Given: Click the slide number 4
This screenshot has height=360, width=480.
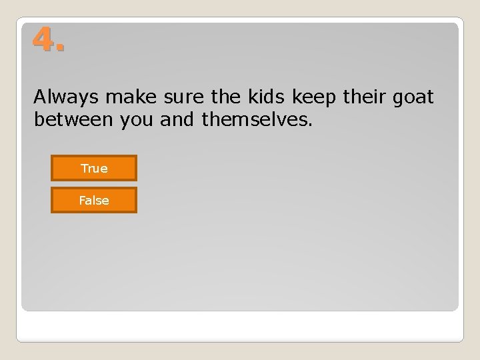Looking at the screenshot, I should (43, 41).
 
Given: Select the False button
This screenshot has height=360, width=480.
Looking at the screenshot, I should (94, 200).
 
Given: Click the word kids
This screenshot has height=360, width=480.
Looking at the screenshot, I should (266, 97).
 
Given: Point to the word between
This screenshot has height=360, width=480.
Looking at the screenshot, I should (73, 121).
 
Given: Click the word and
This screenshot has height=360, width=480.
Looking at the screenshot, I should (178, 121).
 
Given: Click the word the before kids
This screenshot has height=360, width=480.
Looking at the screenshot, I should (227, 97).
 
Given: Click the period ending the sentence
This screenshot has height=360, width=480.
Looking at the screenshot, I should (311, 126).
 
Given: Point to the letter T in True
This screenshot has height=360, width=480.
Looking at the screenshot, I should (84, 168).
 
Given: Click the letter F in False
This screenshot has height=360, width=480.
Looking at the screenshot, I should (81, 200).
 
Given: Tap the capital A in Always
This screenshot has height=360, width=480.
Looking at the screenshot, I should (40, 97).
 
